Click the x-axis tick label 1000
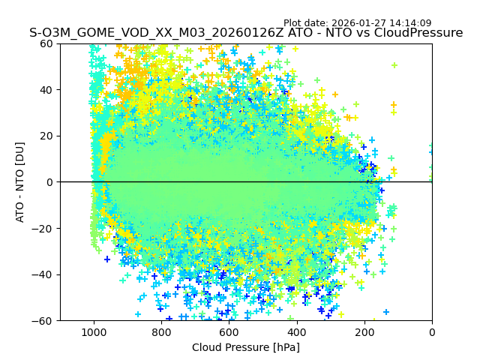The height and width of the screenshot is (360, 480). (94, 332)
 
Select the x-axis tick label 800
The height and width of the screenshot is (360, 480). (161, 332)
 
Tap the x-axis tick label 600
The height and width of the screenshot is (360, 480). (229, 332)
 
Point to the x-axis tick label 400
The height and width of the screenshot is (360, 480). (296, 332)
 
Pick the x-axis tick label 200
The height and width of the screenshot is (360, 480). (364, 332)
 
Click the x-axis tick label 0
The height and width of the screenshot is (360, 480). (432, 332)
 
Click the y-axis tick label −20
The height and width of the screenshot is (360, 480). (43, 229)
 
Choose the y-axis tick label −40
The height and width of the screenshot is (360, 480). (43, 274)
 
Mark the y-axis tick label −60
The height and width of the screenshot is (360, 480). (43, 321)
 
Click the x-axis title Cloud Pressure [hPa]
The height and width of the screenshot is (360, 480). (246, 347)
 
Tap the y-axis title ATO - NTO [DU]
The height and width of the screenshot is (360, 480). (21, 182)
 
